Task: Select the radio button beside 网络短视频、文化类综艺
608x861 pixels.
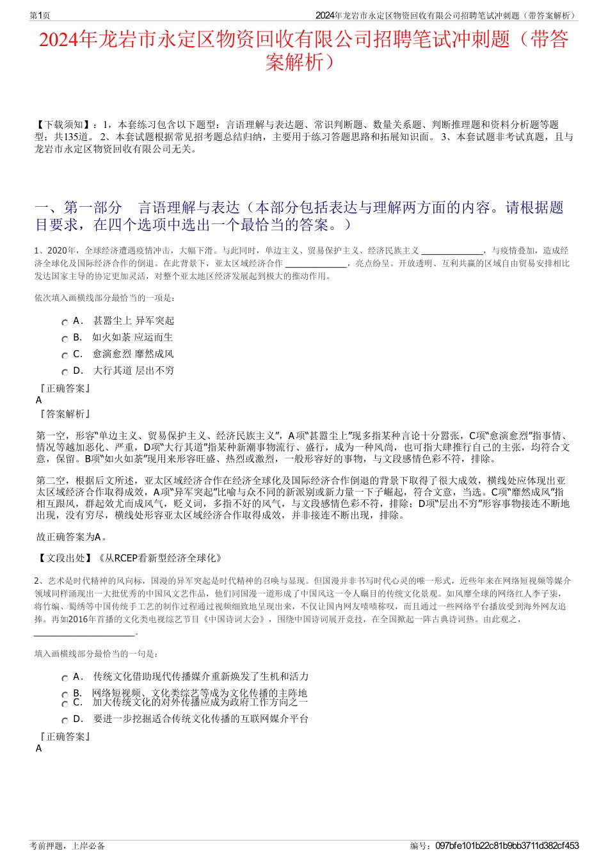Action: (65, 695)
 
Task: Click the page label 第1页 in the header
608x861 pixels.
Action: (40, 15)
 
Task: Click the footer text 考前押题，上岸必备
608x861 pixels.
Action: (67, 846)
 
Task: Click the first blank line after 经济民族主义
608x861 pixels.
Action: (452, 252)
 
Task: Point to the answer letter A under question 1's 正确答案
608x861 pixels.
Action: (39, 400)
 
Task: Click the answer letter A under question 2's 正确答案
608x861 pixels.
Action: (39, 748)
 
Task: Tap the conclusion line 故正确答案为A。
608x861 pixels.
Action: (72, 537)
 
